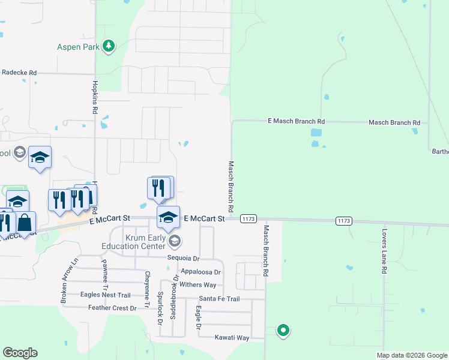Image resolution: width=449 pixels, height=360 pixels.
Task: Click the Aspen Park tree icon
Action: coord(109,46)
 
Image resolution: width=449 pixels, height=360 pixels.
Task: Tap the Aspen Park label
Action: coord(78,47)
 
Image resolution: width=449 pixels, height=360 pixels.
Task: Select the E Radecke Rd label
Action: coord(19,73)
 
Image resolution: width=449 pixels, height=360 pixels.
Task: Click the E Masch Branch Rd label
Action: coord(296,121)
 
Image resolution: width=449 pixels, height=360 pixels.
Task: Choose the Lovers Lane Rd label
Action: coord(384,250)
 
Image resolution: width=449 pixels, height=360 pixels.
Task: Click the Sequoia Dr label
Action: coord(183,258)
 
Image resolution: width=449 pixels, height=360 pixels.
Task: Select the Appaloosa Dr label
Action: coord(200,272)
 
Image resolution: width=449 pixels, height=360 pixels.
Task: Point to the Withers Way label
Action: coord(197,285)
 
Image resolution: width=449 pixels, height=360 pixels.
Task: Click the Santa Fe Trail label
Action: coord(219,299)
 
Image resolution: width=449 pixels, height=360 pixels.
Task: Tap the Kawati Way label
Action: coord(232,338)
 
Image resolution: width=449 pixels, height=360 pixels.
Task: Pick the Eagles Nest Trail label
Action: coord(106,295)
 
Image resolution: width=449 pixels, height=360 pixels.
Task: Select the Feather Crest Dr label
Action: coord(109,308)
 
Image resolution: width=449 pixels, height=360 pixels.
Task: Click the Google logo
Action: coord(20,353)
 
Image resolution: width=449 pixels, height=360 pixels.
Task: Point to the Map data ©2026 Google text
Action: coord(412,355)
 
